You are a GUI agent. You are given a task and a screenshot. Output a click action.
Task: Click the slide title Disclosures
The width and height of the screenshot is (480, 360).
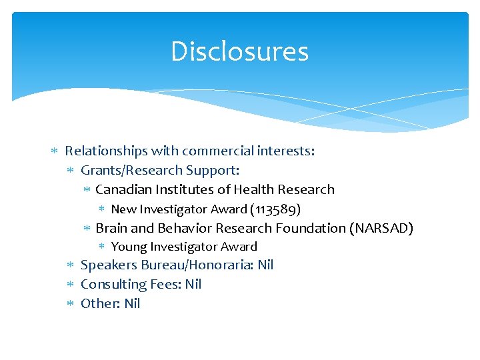[239, 51]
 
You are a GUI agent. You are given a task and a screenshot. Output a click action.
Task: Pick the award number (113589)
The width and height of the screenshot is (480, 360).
[275, 209]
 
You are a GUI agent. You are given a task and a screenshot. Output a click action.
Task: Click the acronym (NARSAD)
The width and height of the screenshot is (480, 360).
[381, 228]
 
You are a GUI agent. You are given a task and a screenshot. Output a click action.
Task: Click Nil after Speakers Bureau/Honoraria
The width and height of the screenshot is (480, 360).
[265, 265]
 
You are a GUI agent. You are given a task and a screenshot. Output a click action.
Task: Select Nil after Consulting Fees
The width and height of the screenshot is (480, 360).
[193, 284]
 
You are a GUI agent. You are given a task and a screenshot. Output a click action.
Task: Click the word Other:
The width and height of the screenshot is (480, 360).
[100, 303]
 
